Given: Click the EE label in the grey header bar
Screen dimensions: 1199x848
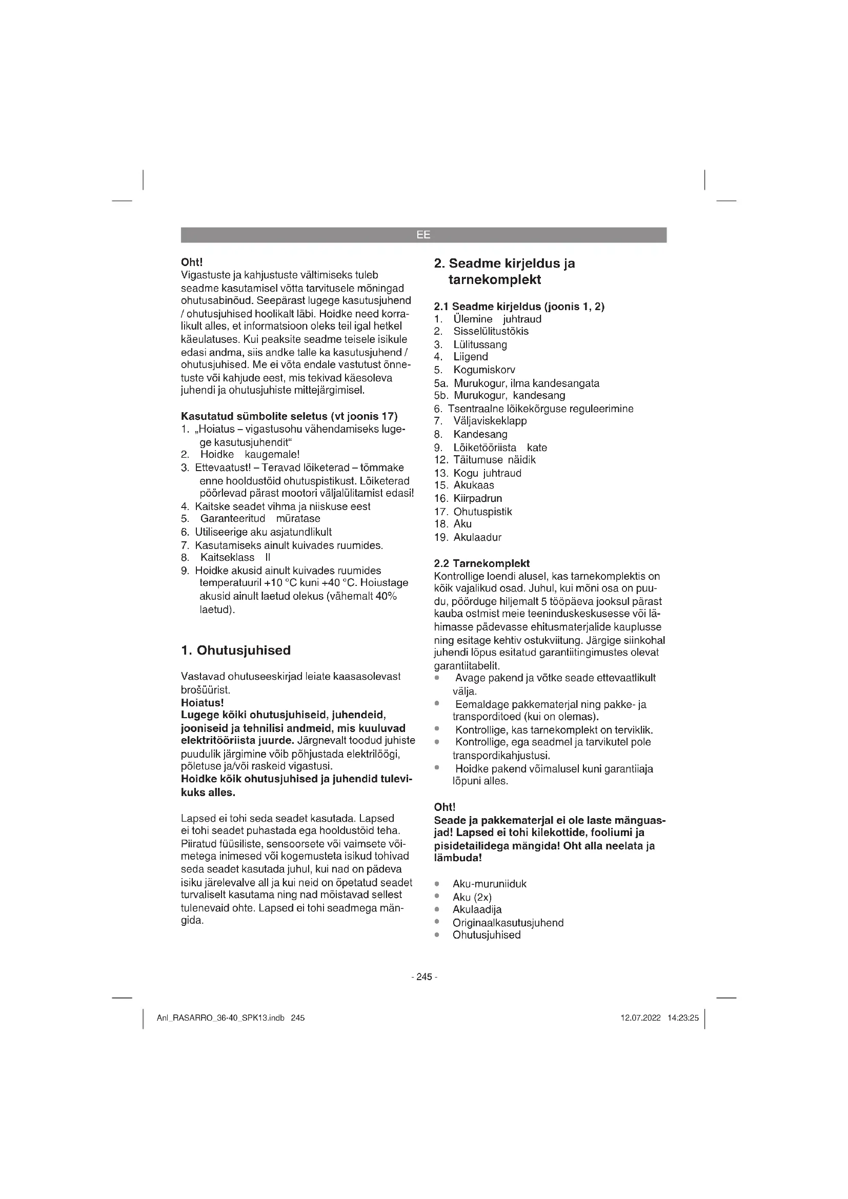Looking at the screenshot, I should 423,235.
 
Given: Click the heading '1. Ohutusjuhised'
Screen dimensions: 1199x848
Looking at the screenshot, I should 235,650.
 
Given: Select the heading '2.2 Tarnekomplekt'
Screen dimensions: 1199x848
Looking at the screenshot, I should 481,563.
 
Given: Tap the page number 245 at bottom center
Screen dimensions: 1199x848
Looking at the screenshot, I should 424,977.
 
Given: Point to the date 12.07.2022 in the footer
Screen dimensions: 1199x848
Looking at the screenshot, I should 640,1018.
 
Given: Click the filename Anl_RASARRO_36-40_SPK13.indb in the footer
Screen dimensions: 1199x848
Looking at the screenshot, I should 220,1018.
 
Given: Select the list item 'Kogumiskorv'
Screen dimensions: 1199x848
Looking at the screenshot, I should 484,370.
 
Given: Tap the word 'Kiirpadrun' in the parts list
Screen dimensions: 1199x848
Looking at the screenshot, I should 477,498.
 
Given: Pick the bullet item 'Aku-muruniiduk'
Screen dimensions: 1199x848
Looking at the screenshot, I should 489,884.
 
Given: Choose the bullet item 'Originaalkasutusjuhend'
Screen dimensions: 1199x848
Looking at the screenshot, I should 508,922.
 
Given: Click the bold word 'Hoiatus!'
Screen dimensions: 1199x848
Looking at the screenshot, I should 202,702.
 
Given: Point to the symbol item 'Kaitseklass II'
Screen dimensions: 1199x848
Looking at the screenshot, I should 235,557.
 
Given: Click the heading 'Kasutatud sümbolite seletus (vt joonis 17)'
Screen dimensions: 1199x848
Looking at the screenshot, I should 289,416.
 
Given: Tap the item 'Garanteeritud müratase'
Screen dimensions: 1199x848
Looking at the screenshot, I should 260,518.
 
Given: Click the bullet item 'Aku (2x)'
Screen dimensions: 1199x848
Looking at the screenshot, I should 472,897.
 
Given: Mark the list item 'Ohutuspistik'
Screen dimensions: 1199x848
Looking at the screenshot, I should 482,511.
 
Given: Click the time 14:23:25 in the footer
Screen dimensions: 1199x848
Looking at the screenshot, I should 682,1018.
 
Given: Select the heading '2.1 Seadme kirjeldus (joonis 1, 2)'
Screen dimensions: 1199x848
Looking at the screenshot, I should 519,307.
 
